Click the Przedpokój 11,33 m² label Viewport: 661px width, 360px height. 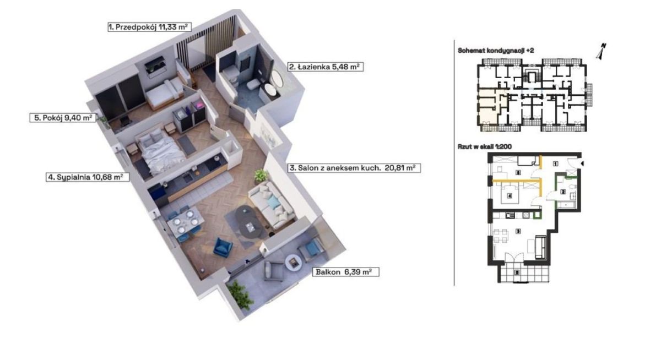coord(149,27)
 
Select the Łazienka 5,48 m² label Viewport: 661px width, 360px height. coord(326,67)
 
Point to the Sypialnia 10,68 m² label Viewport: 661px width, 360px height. coord(88,177)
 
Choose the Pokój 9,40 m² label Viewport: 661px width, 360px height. coord(63,118)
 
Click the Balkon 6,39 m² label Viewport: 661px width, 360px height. coord(345,272)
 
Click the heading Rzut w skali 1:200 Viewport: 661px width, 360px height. coord(485,146)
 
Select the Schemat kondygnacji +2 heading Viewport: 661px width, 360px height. coord(496,51)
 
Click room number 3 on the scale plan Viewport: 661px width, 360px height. coord(518,231)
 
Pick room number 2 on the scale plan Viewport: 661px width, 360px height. coord(563,192)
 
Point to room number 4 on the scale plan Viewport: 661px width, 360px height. coord(510,196)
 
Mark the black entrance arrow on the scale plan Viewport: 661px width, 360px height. coord(582,163)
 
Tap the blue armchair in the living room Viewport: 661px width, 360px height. coord(223,247)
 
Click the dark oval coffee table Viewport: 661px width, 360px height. coord(249,222)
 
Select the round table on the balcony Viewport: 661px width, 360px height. coord(293,262)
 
